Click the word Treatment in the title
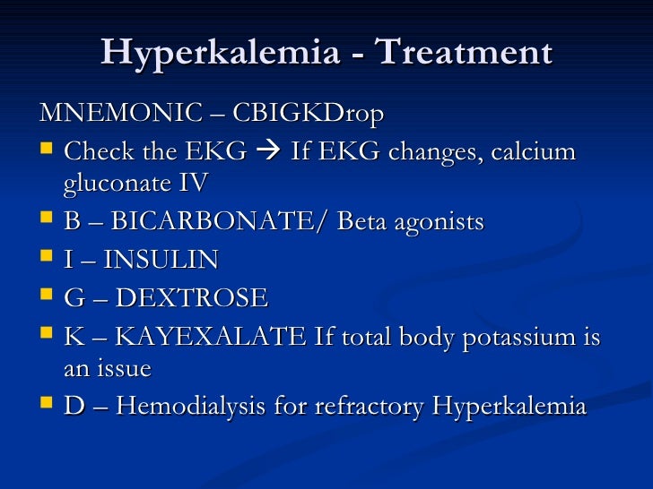(x=464, y=52)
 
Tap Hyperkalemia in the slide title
(x=221, y=52)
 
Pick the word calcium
(x=533, y=151)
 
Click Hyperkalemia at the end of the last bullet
(x=509, y=407)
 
